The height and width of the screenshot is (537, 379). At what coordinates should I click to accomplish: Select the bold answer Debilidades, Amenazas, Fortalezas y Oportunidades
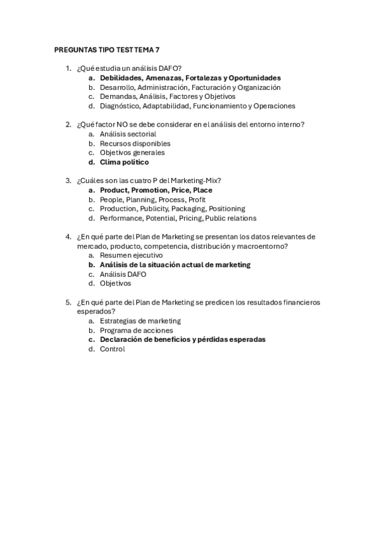point(190,78)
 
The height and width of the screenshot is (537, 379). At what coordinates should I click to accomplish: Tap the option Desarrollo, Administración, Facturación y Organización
point(190,87)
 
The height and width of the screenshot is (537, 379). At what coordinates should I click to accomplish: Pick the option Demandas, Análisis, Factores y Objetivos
point(167,96)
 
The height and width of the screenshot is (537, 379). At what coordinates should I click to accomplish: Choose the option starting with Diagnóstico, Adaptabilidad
point(197,106)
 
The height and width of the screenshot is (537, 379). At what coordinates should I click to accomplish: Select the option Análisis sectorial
point(128,134)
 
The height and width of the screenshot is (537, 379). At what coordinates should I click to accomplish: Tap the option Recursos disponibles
point(135,144)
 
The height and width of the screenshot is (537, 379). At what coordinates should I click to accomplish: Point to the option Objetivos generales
point(132,153)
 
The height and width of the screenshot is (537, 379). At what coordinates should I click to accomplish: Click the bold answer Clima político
point(124,162)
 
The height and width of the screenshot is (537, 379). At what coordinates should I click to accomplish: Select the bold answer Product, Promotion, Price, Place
point(156,190)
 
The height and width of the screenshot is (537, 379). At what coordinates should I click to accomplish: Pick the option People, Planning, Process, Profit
point(152,199)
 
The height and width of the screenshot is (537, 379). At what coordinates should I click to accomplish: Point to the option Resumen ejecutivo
point(131,255)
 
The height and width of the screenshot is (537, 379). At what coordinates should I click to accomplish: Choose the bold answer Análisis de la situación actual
point(175,265)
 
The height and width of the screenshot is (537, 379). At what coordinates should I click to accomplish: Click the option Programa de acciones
point(136,331)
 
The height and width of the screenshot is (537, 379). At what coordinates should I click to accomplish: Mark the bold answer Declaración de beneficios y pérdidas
point(182,339)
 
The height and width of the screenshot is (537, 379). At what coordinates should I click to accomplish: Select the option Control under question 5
point(112,349)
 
